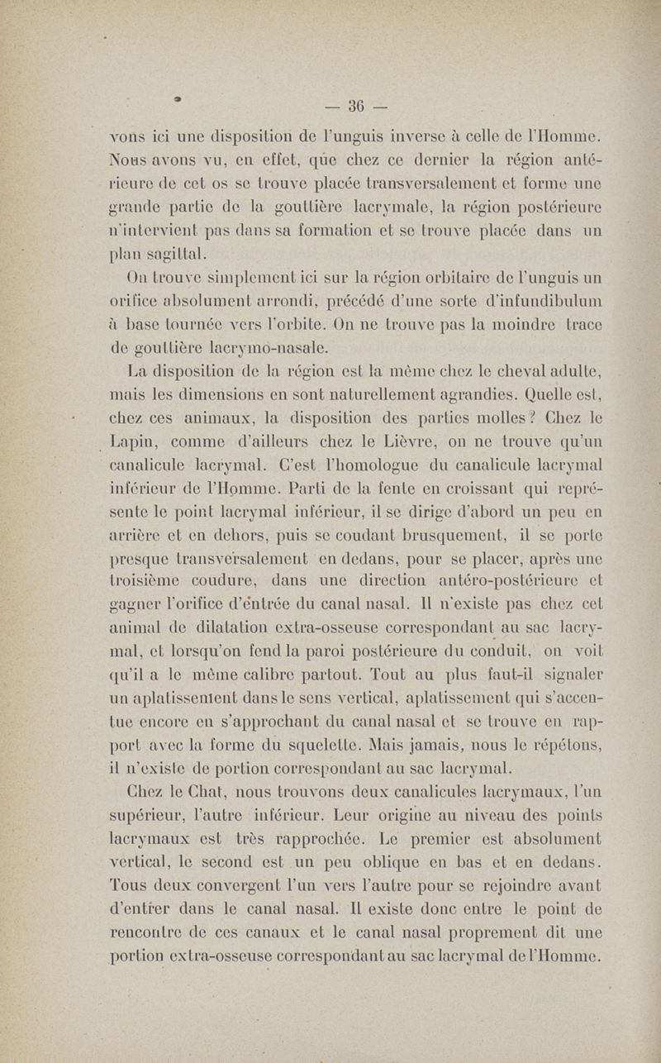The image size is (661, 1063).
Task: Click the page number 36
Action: point(357,106)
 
